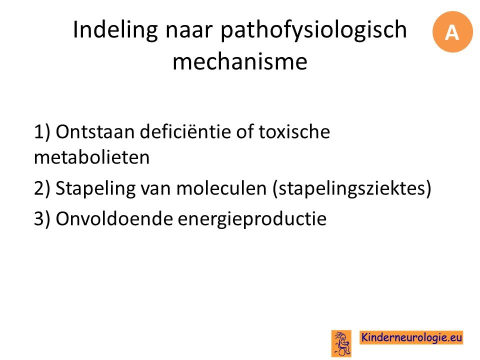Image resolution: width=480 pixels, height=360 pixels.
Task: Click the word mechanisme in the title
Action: coord(240,61)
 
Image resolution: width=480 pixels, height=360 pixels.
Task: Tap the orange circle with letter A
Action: coord(452,32)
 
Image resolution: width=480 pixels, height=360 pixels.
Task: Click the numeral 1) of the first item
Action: coord(42,132)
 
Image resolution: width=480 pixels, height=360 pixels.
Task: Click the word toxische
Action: coord(294,131)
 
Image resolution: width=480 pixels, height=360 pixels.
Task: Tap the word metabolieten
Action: coord(92,157)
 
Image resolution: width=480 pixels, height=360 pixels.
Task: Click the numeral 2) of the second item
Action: coord(42,188)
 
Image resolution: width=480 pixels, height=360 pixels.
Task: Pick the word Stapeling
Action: coord(95,188)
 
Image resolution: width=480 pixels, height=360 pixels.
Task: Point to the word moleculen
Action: coord(221,188)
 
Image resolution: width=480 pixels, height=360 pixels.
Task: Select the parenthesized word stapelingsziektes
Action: coord(351,188)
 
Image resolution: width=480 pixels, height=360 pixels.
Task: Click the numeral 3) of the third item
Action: coord(42,219)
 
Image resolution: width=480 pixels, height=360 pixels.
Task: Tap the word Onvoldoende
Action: coord(114,218)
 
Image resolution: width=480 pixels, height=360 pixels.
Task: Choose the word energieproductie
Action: coord(252,219)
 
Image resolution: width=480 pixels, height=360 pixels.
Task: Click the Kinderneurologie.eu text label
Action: coord(411,337)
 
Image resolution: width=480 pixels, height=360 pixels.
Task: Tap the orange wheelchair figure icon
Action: coord(341,343)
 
